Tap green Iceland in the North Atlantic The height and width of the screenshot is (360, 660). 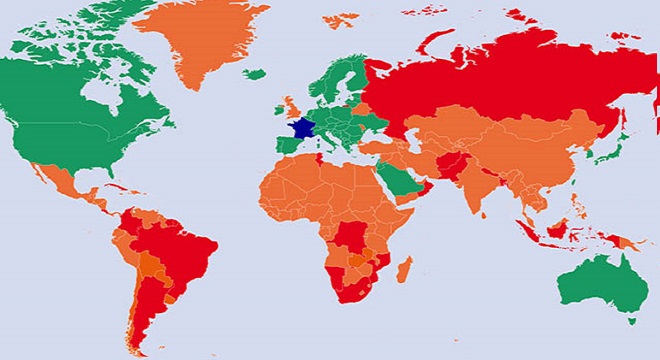[x=255, y=74]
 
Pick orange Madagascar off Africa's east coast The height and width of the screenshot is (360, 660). [x=405, y=268]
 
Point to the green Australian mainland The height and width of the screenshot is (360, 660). [x=600, y=285]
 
